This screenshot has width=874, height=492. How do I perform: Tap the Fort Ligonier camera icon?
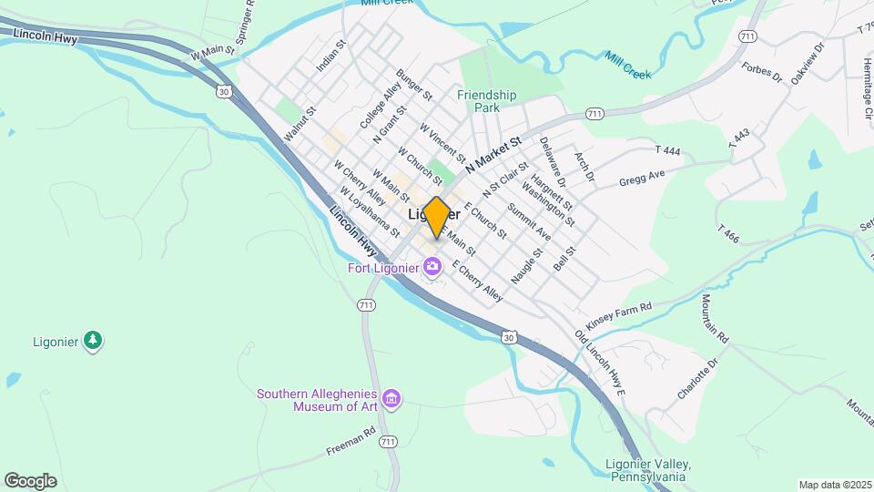click(432, 267)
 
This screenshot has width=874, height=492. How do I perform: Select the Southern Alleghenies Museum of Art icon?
click(392, 398)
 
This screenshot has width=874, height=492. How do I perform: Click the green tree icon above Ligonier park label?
click(92, 341)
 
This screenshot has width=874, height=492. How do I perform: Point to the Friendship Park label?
click(486, 100)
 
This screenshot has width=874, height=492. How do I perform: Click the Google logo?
click(30, 480)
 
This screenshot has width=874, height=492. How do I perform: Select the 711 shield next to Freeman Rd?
click(389, 442)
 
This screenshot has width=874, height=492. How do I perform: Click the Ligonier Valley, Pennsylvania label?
click(647, 470)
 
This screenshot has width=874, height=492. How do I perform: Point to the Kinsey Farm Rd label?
click(620, 317)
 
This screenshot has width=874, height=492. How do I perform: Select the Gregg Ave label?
click(642, 177)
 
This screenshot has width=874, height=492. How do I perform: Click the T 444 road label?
click(668, 149)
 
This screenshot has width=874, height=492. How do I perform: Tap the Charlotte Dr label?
click(698, 379)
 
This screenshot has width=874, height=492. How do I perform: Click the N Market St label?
click(493, 156)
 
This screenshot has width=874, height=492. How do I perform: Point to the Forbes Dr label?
click(762, 71)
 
